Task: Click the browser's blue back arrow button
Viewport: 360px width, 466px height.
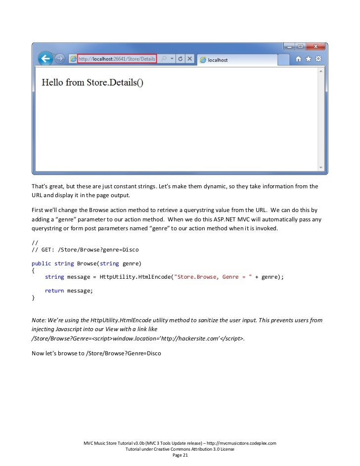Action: pyautogui.click(x=46, y=59)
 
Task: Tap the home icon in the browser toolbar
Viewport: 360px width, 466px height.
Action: pyautogui.click(x=299, y=59)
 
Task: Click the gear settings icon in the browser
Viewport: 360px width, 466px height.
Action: pyautogui.click(x=318, y=59)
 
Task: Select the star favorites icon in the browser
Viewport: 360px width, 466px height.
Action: pyautogui.click(x=309, y=59)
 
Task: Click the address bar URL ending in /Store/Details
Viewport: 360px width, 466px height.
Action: pyautogui.click(x=117, y=59)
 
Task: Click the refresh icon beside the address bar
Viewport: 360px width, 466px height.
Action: pyautogui.click(x=180, y=59)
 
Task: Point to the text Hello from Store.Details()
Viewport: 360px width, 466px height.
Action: pyautogui.click(x=92, y=83)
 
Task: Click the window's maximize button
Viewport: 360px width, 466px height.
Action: pyautogui.click(x=300, y=46)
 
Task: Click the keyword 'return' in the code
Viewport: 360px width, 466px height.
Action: pyautogui.click(x=54, y=291)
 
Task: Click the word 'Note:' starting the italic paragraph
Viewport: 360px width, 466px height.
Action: pyautogui.click(x=39, y=320)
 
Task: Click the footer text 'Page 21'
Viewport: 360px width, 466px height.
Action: pyautogui.click(x=180, y=455)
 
